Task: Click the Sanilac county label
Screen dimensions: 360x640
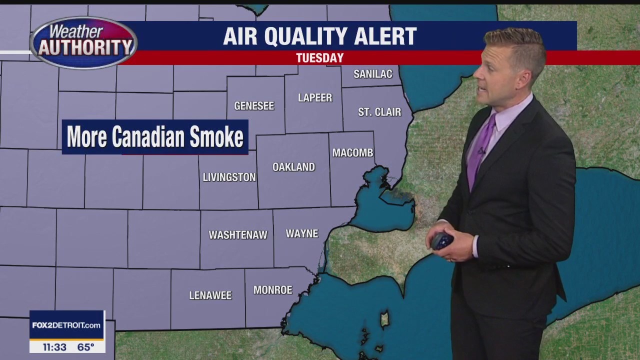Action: point(372,74)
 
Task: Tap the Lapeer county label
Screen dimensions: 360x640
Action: point(315,97)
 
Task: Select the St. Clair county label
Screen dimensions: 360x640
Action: point(379,112)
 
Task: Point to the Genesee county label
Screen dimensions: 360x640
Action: point(254,105)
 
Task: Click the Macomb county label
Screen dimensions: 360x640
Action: point(352,152)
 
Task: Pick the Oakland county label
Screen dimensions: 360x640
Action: point(293,167)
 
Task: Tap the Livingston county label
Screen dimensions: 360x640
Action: point(229,177)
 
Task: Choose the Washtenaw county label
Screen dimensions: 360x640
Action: point(238,234)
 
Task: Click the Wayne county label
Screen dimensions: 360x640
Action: point(302,233)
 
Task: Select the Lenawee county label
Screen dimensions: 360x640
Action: point(210,295)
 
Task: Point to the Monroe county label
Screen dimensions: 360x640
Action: point(272,290)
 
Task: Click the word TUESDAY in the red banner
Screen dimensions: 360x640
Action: point(319,58)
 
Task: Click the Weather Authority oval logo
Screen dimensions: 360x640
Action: point(83,42)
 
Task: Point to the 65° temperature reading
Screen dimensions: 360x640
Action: point(86,346)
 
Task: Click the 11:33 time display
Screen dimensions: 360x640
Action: point(54,346)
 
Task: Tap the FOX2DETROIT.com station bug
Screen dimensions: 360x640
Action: point(66,325)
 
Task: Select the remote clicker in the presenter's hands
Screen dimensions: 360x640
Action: point(442,241)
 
